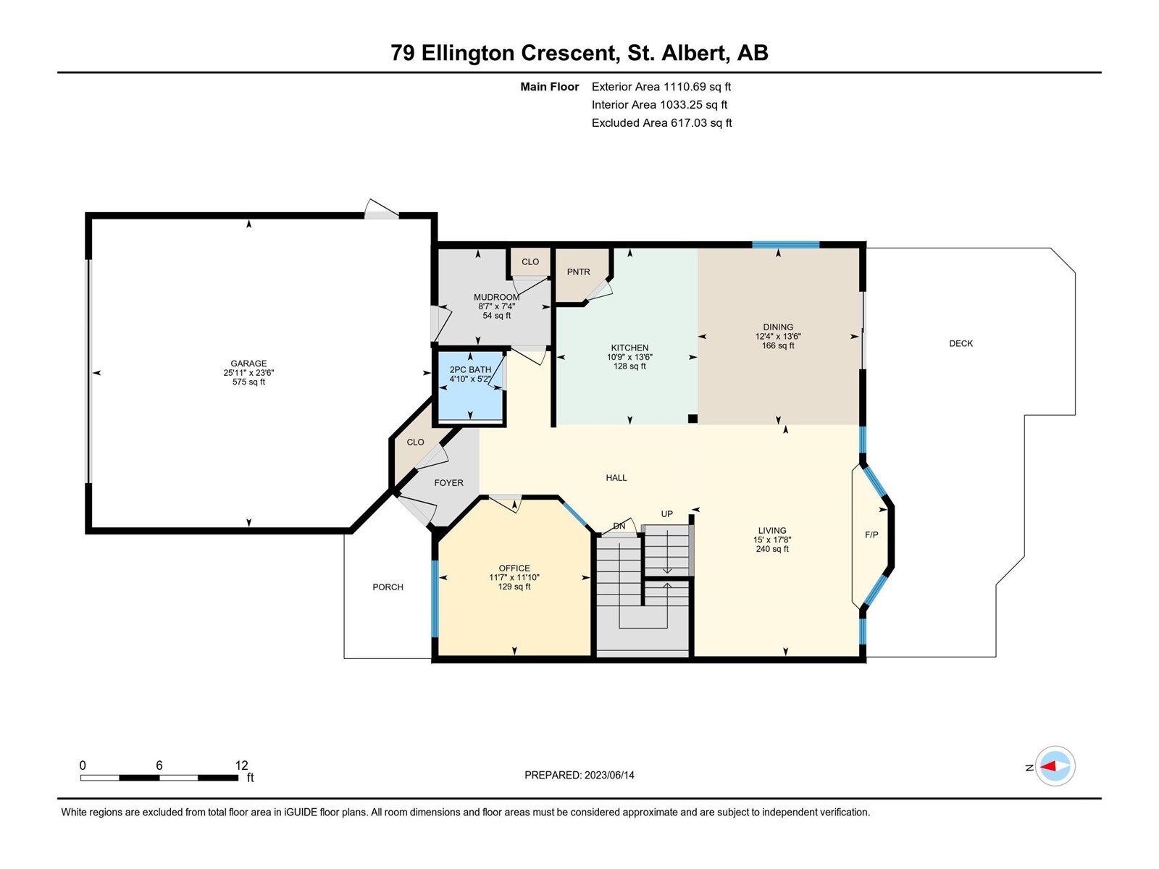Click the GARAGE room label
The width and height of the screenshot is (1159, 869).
tap(248, 364)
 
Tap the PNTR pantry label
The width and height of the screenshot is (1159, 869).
tap(578, 272)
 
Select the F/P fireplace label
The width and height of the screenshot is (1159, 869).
tap(871, 534)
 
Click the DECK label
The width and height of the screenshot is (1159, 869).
tap(961, 343)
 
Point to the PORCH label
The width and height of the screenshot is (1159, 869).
tap(388, 587)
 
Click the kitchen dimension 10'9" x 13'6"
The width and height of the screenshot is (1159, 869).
tap(629, 357)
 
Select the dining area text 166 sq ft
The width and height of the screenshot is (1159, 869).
tap(778, 345)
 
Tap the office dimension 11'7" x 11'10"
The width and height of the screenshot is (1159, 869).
tap(514, 578)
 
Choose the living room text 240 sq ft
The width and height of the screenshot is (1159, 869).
tap(772, 549)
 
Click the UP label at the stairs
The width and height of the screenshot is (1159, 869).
tap(667, 514)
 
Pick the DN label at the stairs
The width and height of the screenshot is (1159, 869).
tap(619, 526)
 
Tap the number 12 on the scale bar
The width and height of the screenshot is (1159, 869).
tap(241, 765)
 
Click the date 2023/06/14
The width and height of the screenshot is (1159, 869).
tap(609, 775)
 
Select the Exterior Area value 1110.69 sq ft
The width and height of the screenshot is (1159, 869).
tap(697, 86)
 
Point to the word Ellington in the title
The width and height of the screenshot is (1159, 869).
tap(468, 53)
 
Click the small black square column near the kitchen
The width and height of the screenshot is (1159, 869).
tap(693, 419)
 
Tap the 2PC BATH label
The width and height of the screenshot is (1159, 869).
tap(470, 370)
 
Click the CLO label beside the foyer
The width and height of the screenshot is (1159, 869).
tap(415, 442)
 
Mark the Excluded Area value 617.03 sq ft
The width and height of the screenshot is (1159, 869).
tap(701, 123)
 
